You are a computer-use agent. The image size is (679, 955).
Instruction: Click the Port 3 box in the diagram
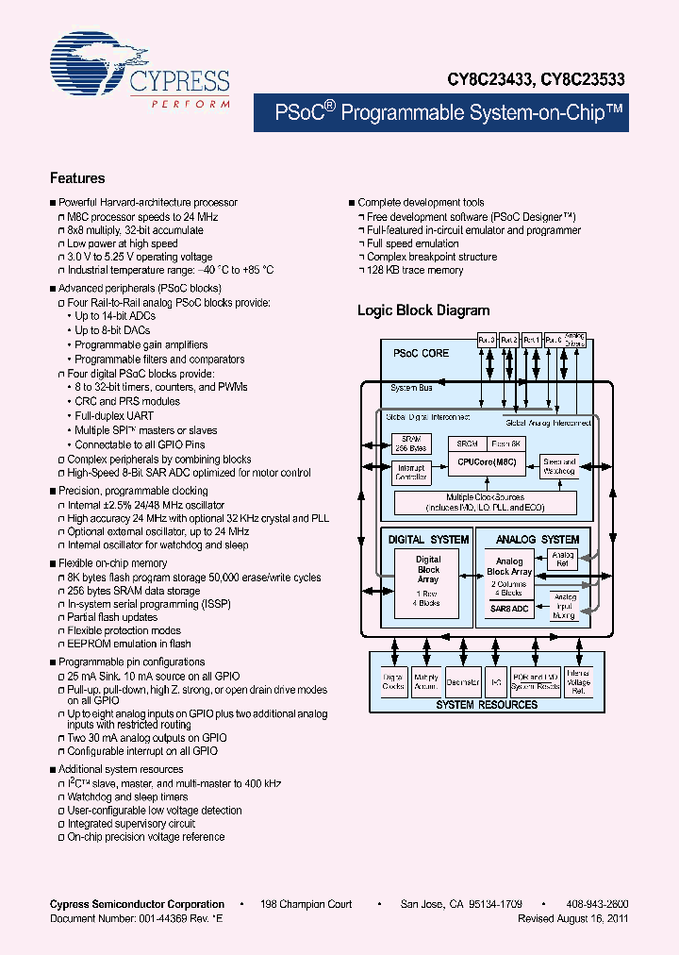[x=487, y=339]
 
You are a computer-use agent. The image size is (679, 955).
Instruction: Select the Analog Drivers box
[x=575, y=339]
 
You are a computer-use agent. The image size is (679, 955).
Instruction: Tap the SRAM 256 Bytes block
[x=410, y=444]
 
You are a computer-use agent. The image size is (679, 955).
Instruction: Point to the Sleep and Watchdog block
[x=559, y=465]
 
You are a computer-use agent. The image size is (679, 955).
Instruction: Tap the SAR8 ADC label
[x=509, y=610]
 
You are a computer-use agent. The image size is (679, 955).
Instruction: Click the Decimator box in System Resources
[x=462, y=680]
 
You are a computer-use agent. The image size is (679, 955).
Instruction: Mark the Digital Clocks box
[x=394, y=680]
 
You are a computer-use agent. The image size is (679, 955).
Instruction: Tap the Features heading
[x=77, y=178]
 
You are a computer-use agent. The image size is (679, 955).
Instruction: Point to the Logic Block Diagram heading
[x=423, y=310]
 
